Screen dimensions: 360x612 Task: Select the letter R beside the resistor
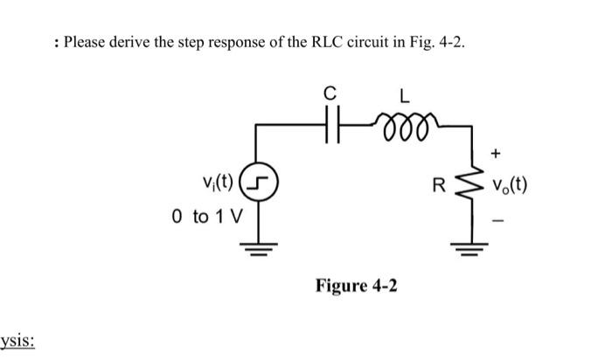click(x=451, y=186)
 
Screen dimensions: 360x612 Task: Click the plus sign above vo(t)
click(x=497, y=154)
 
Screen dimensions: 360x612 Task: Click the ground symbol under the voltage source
click(x=255, y=246)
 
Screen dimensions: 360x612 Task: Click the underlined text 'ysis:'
click(x=17, y=339)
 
